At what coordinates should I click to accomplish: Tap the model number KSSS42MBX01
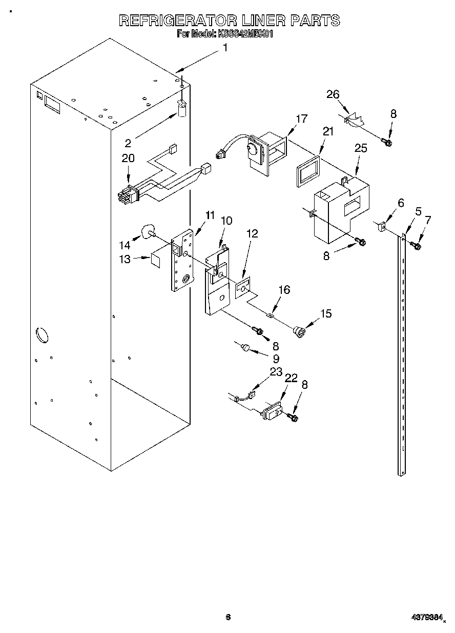(x=242, y=35)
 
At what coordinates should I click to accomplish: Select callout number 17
(x=301, y=119)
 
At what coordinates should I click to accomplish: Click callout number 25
(x=361, y=149)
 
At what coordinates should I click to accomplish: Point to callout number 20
(x=128, y=159)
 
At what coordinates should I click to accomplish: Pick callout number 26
(x=333, y=94)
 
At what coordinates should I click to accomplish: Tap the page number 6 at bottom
(x=228, y=617)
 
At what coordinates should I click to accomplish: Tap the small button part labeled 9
(x=246, y=348)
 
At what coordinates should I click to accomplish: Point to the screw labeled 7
(x=417, y=246)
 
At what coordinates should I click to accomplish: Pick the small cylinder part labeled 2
(x=182, y=109)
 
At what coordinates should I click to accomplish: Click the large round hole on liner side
(x=41, y=335)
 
